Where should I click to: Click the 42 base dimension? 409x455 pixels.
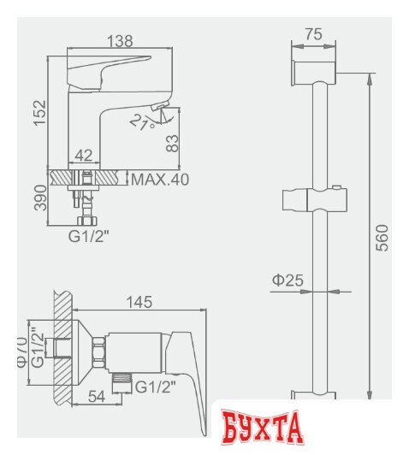[83, 157]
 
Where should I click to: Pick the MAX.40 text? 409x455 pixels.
[160, 180]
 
